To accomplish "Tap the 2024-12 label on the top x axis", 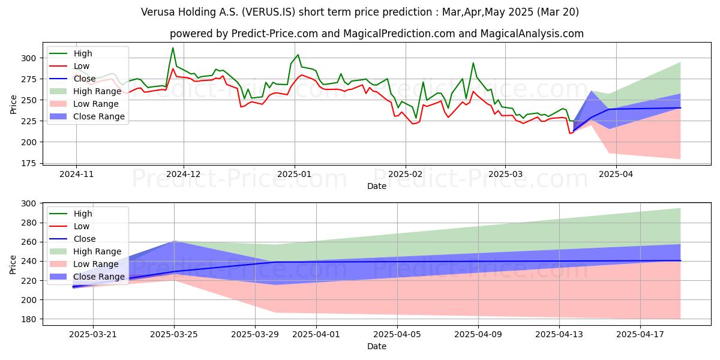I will point(184,175).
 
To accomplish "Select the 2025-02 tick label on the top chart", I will point(406,175).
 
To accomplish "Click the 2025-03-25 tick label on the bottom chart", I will point(174,334).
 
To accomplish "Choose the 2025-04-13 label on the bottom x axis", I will point(559,334).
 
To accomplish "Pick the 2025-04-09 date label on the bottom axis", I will point(478,334).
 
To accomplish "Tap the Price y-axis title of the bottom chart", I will point(13,263).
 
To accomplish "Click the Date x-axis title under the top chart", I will point(377,186).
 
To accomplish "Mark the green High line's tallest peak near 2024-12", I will point(173,48).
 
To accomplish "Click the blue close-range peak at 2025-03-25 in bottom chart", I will point(174,242).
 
